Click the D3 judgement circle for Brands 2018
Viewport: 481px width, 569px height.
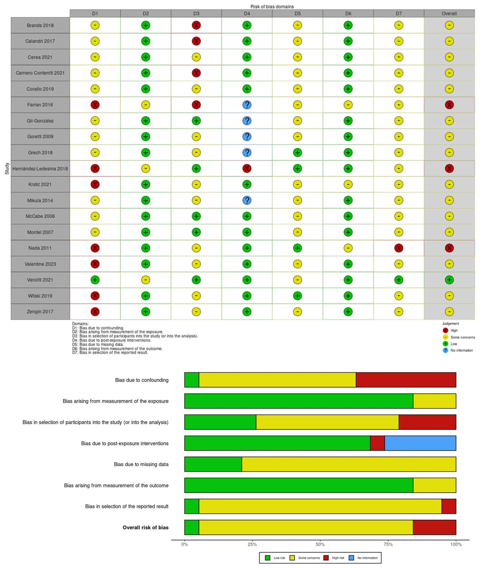click(196, 25)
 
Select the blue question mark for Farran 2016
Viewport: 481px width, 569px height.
click(247, 105)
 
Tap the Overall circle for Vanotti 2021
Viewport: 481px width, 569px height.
click(449, 280)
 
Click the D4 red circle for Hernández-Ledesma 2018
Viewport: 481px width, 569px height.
click(247, 168)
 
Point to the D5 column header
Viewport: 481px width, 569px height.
click(297, 13)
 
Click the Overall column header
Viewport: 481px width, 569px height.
click(449, 13)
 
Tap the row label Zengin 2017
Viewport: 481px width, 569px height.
click(40, 312)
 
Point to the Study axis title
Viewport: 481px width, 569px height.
click(7, 168)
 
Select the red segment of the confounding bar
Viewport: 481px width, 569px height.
click(406, 380)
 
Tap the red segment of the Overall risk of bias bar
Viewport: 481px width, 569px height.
click(434, 527)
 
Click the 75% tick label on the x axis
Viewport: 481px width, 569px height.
click(388, 544)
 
